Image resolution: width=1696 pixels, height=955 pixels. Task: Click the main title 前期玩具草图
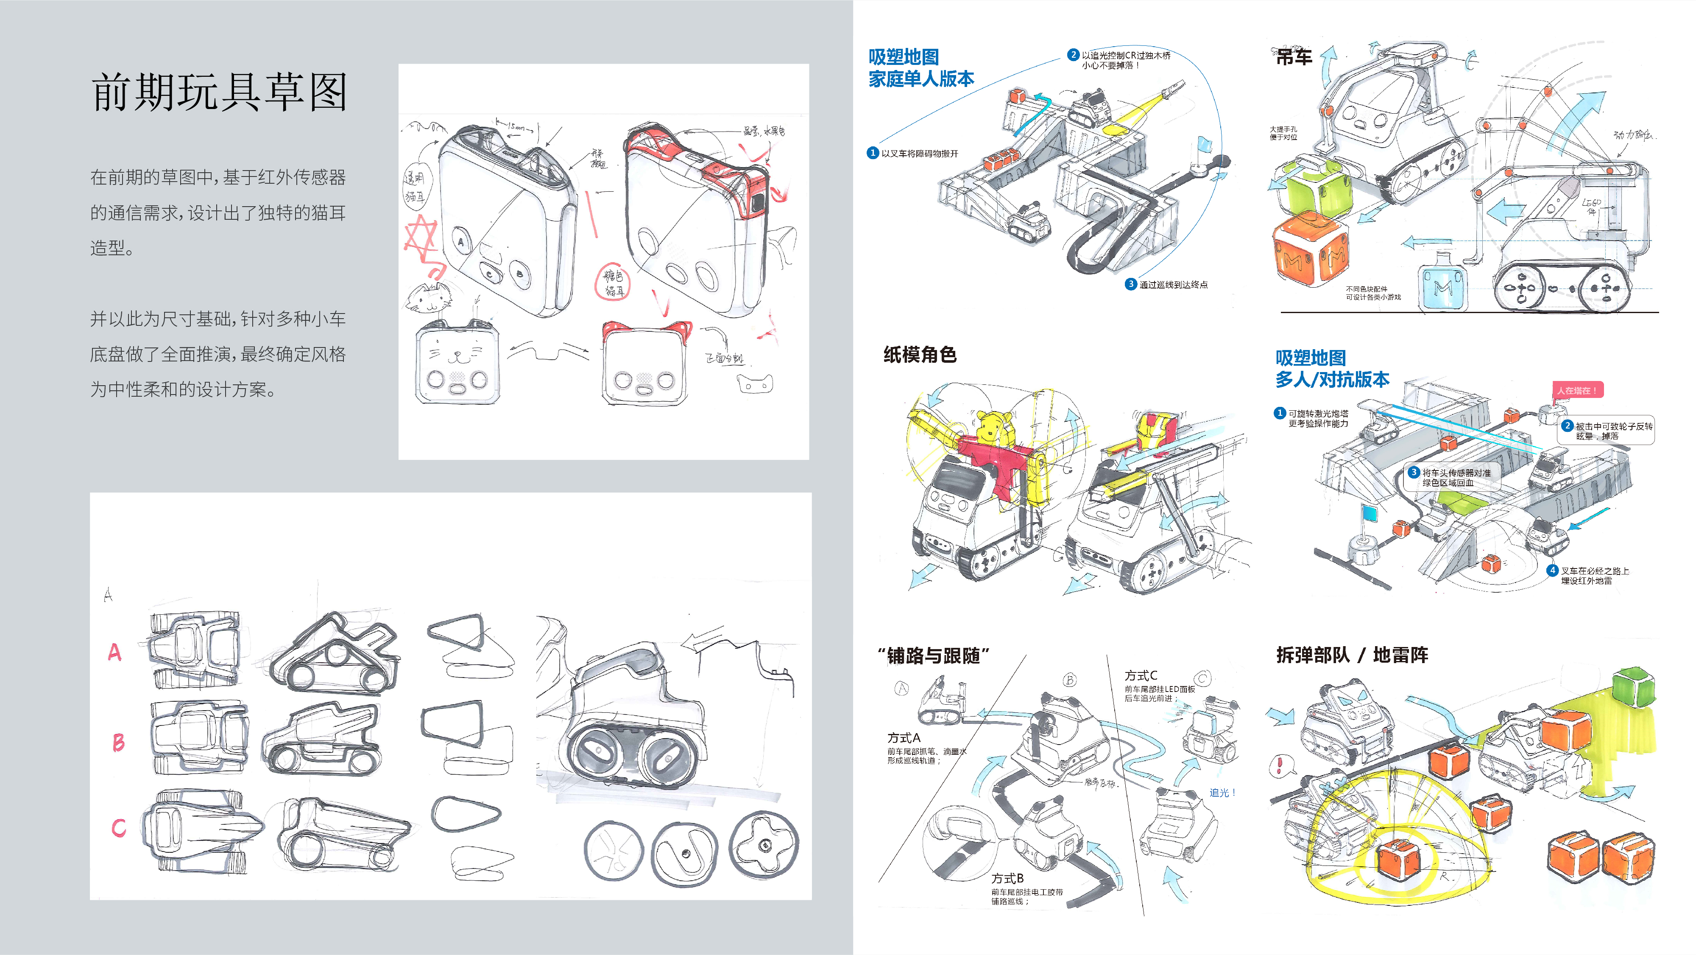click(x=219, y=92)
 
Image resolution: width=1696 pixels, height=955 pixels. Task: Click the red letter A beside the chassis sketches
click(x=114, y=652)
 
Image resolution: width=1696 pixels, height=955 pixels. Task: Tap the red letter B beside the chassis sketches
click(x=118, y=742)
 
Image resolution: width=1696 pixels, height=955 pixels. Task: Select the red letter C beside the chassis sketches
click(x=119, y=827)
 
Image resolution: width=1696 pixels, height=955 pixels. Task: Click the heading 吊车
click(x=1293, y=57)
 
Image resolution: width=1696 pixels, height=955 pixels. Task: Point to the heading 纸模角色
click(x=919, y=355)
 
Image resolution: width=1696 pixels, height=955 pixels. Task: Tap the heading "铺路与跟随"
click(x=933, y=656)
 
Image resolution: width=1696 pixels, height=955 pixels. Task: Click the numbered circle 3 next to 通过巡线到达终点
click(x=1130, y=284)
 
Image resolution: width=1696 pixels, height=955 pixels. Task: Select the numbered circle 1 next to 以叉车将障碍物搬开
click(x=873, y=153)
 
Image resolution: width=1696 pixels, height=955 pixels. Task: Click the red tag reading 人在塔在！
click(x=1577, y=390)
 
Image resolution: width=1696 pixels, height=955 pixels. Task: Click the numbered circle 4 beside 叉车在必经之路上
click(x=1552, y=570)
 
